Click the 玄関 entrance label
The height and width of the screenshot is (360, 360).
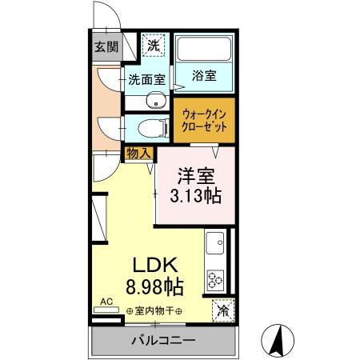106,46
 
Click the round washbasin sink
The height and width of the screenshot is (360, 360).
156,101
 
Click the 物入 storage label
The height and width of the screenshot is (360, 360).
137,152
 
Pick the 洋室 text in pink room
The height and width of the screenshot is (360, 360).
196,174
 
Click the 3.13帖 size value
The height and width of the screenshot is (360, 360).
196,195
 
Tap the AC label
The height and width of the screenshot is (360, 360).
104,304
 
